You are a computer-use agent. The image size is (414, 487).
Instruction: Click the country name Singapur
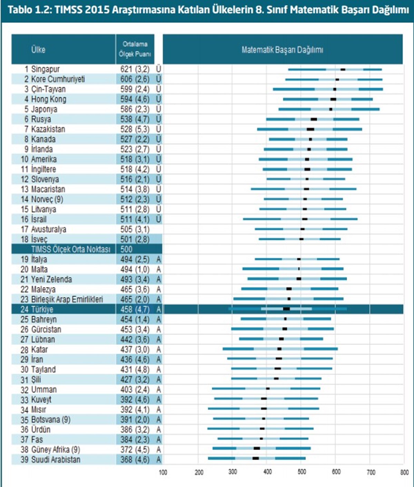click(45, 69)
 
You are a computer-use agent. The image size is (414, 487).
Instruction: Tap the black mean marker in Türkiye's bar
click(286, 309)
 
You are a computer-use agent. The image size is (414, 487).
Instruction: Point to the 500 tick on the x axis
click(302, 472)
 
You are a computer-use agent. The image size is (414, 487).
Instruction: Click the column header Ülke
click(38, 49)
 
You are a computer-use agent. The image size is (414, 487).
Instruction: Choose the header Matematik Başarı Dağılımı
click(283, 50)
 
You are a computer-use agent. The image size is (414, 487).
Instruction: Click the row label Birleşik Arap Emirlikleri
click(67, 299)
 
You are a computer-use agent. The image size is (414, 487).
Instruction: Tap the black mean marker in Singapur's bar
click(343, 69)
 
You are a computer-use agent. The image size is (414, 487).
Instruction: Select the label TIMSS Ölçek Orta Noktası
click(71, 249)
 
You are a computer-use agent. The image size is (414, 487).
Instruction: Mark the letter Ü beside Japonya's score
click(159, 109)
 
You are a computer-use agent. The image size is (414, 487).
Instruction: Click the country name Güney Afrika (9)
click(56, 450)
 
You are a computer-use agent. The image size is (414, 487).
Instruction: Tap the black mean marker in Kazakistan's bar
click(310, 129)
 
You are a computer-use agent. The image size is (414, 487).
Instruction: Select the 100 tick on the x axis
click(163, 472)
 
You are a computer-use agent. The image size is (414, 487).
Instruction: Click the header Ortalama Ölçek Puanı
click(135, 49)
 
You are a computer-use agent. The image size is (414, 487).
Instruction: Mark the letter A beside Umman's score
click(159, 390)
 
